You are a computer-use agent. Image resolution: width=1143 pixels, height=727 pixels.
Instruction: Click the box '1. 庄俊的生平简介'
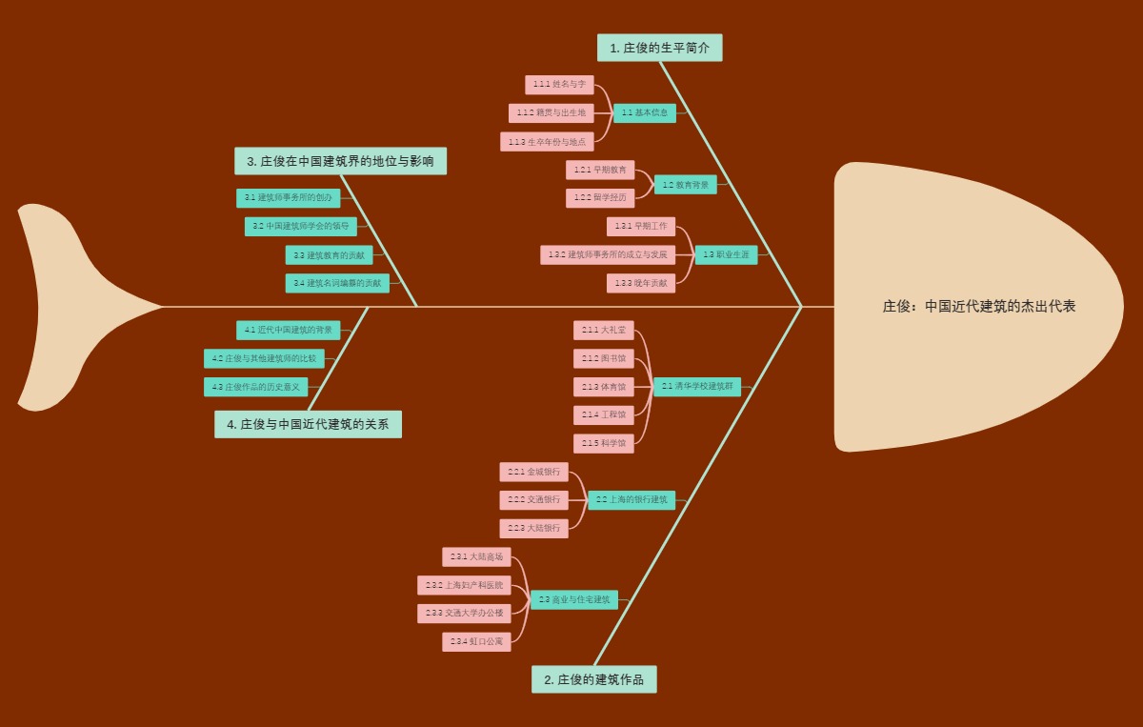click(x=659, y=48)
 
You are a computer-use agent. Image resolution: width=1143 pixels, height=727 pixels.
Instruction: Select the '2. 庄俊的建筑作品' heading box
click(x=593, y=679)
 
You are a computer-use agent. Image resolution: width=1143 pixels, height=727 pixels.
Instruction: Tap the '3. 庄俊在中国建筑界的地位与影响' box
click(x=340, y=161)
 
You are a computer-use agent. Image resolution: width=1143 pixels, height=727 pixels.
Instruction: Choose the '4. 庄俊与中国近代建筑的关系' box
click(x=308, y=424)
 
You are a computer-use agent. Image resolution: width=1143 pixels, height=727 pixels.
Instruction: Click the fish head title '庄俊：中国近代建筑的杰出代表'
click(x=978, y=307)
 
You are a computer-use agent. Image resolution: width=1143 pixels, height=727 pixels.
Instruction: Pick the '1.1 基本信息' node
click(x=644, y=112)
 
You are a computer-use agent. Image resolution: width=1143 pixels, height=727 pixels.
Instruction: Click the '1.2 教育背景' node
click(x=685, y=185)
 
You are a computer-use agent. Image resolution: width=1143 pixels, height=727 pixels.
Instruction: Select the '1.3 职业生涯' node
click(x=726, y=254)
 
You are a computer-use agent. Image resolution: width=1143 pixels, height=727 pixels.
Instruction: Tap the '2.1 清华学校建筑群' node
click(x=696, y=386)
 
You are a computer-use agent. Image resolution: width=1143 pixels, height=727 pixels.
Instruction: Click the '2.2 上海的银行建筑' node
click(x=631, y=499)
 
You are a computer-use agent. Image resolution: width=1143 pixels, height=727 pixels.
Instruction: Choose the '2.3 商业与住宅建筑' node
click(x=573, y=599)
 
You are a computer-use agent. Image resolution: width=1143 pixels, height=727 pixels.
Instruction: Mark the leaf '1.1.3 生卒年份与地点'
click(x=547, y=141)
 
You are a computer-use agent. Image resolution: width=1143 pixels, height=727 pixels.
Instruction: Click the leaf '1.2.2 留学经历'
click(x=599, y=197)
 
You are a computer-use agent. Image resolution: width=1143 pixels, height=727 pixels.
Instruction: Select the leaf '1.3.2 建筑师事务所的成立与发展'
click(x=608, y=254)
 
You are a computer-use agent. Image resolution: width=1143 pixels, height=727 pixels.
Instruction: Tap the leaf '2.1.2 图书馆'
click(x=603, y=358)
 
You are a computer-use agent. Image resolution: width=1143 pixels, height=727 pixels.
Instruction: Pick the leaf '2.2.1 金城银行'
click(x=533, y=472)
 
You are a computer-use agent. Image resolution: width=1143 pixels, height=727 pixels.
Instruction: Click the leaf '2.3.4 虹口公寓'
click(x=476, y=641)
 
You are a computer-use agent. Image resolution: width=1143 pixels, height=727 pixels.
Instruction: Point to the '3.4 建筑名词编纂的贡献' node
click(x=337, y=283)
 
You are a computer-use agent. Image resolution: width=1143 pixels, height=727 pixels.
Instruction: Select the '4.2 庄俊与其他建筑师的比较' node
click(x=264, y=358)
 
